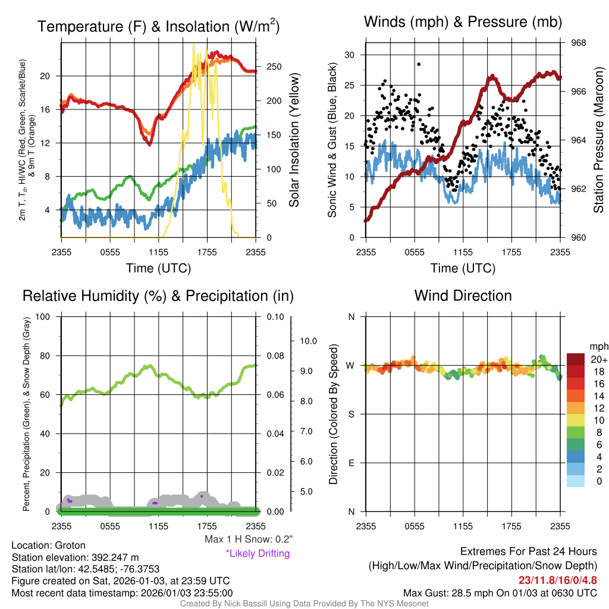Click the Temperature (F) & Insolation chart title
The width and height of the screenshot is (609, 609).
pyautogui.click(x=158, y=26)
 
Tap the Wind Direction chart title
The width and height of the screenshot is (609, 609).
pyautogui.click(x=463, y=296)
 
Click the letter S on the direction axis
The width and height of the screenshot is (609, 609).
pyautogui.click(x=351, y=415)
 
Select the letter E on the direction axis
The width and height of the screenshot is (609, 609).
pyautogui.click(x=351, y=463)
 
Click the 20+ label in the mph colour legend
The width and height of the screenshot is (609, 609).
pyautogui.click(x=599, y=359)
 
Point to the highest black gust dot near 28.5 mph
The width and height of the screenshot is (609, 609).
pyautogui.click(x=419, y=64)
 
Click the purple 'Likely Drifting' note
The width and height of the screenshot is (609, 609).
pyautogui.click(x=258, y=553)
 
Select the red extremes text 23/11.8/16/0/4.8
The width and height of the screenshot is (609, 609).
pyautogui.click(x=557, y=580)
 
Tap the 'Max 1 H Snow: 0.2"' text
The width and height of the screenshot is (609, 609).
pyautogui.click(x=248, y=539)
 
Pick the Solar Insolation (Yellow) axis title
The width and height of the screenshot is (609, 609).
pyautogui.click(x=294, y=140)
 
